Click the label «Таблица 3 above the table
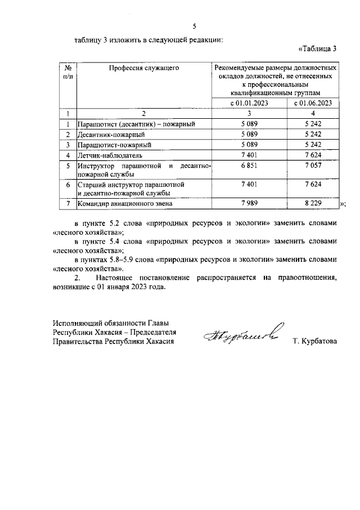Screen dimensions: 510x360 click(317, 48)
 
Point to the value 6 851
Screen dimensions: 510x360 click(249, 165)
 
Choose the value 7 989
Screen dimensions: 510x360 click(249, 203)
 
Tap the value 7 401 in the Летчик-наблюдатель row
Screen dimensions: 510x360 click(249, 154)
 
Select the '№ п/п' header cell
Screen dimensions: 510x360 click(67, 72)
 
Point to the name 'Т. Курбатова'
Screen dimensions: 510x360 click(314, 341)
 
